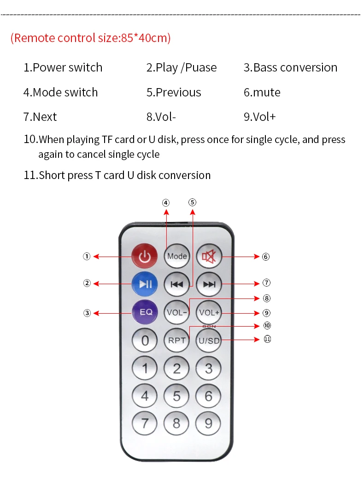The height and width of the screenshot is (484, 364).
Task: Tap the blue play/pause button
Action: [145, 283]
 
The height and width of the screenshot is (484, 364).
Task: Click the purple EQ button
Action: [145, 312]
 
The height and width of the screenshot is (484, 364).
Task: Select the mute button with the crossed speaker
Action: [209, 256]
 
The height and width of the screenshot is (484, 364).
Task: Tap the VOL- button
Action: [177, 312]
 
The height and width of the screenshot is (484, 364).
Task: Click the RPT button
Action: [177, 341]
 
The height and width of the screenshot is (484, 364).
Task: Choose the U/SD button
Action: [209, 341]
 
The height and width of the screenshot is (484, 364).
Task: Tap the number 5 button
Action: [177, 396]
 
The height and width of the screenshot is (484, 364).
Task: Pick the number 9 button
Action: [209, 423]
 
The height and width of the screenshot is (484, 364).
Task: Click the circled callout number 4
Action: [166, 203]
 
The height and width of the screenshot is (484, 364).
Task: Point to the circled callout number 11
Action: [267, 339]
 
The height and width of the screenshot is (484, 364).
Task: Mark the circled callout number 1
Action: [87, 257]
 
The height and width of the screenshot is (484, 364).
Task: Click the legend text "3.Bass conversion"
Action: [290, 68]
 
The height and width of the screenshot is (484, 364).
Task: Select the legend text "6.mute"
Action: [262, 92]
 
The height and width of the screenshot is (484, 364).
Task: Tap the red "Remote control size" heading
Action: [91, 38]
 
